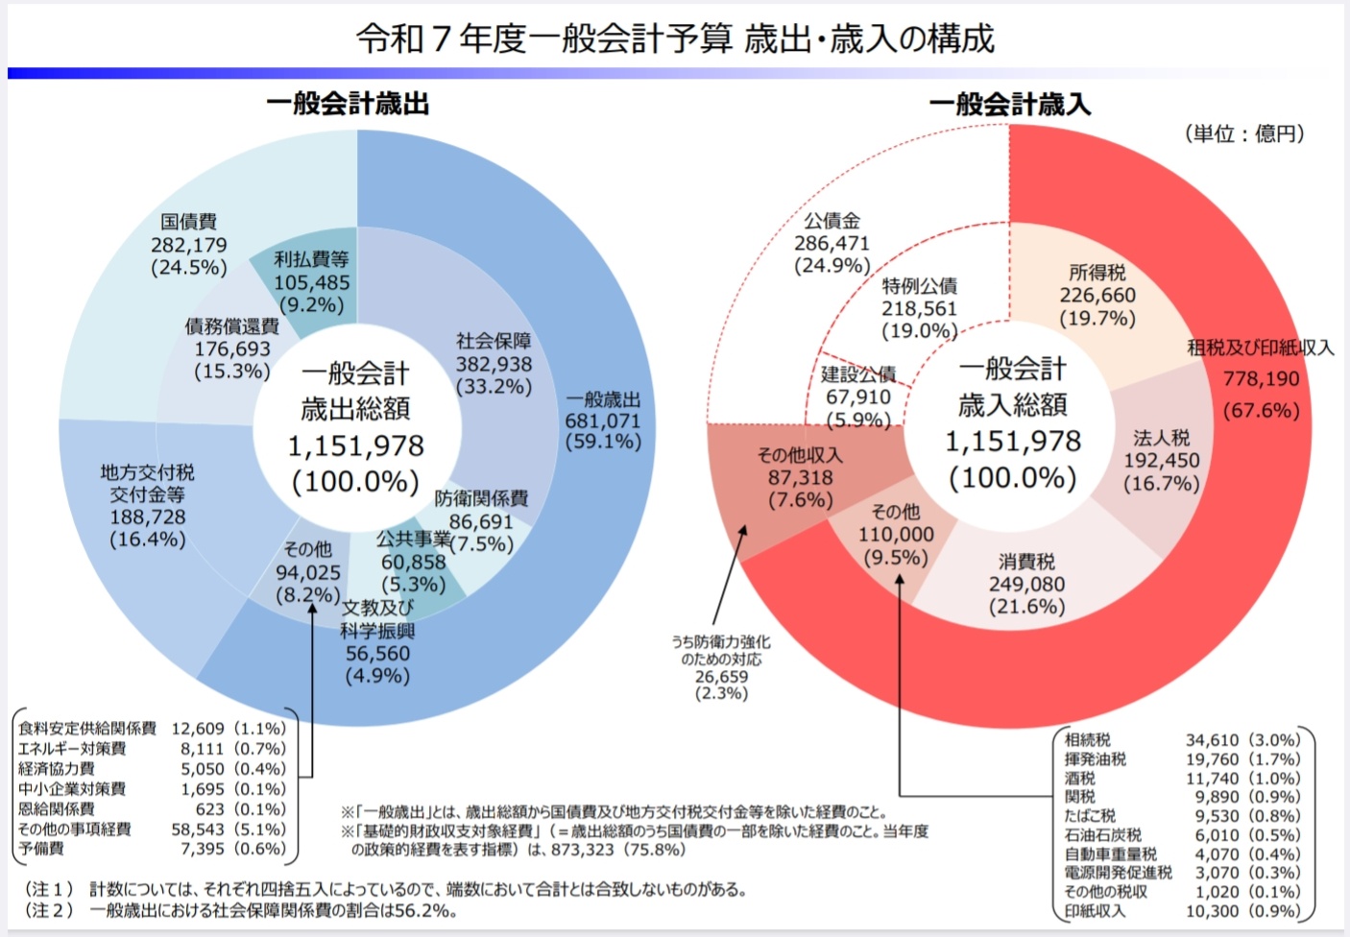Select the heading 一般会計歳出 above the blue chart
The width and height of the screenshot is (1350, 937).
[348, 104]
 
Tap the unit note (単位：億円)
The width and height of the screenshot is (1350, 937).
[1244, 133]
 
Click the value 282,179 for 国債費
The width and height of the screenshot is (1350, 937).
[189, 245]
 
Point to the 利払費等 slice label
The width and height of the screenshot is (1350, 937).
[311, 259]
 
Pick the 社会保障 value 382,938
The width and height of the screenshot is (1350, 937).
[494, 364]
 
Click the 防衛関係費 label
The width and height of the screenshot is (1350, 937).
[481, 498]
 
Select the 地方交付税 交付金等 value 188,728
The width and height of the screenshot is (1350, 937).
[148, 517]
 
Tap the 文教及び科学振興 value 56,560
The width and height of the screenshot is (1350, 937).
[377, 654]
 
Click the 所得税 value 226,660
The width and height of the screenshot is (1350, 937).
[1097, 296]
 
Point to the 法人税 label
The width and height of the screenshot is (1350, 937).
[1161, 438]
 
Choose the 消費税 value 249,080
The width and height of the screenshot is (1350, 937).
[1026, 584]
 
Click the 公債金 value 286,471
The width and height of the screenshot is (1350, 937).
[832, 244]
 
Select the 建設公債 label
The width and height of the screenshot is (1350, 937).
[858, 374]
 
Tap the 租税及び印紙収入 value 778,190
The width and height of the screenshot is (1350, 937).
[1261, 379]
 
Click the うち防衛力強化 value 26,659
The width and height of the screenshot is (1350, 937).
[721, 677]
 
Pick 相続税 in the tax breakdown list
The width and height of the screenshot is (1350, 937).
[1087, 740]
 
